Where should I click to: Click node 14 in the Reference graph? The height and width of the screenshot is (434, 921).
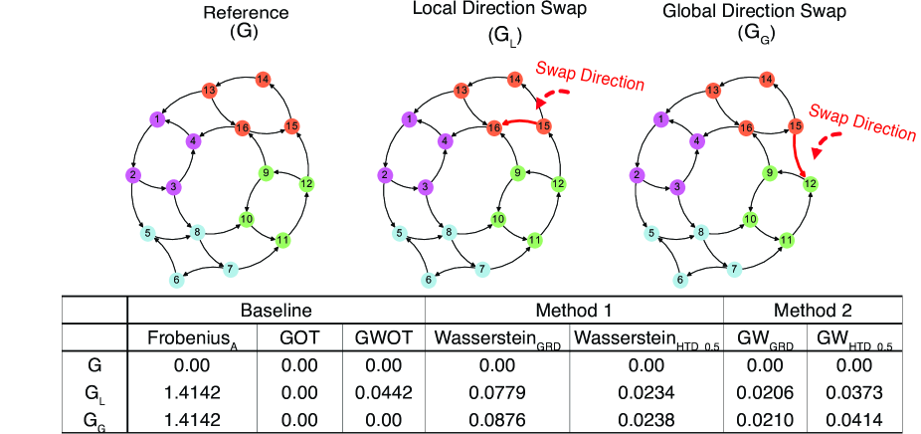tap(264, 80)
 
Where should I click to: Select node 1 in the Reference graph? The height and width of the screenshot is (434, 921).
tap(156, 118)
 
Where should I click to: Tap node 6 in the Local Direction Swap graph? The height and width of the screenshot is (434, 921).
tap(429, 281)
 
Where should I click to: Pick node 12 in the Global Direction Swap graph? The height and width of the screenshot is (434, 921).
tap(810, 182)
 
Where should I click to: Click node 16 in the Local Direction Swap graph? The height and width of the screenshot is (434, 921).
tap(493, 127)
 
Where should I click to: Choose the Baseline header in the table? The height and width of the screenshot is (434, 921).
tap(276, 311)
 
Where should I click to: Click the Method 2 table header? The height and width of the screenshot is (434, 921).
tap(820, 311)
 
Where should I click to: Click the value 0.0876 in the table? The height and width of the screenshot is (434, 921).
tap(497, 417)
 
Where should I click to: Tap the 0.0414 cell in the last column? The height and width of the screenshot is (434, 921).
tap(859, 417)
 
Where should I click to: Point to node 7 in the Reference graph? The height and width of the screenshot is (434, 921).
tap(229, 269)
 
